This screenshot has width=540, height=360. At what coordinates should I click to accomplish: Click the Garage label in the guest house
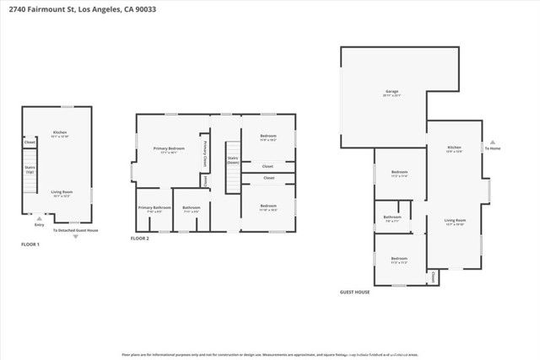coord(391,91)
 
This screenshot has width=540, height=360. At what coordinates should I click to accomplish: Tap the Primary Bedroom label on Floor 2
coord(165,150)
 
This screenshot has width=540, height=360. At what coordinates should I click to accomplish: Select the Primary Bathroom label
coord(155,208)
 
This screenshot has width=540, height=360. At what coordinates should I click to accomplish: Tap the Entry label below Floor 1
coord(39,225)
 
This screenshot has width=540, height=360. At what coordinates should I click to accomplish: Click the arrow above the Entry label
coord(39,218)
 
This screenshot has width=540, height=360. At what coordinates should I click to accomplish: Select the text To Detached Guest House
coord(76,230)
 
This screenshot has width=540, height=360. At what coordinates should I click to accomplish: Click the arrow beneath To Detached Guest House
coord(76,237)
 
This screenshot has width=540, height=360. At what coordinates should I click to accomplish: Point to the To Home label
coord(494,148)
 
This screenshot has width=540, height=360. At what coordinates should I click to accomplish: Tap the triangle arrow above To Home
coord(494,142)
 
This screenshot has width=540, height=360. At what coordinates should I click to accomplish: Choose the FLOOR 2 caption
coord(139,239)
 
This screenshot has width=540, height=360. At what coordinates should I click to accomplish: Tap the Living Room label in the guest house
coord(455,221)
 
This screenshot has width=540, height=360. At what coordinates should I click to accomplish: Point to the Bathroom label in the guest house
coord(391,217)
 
